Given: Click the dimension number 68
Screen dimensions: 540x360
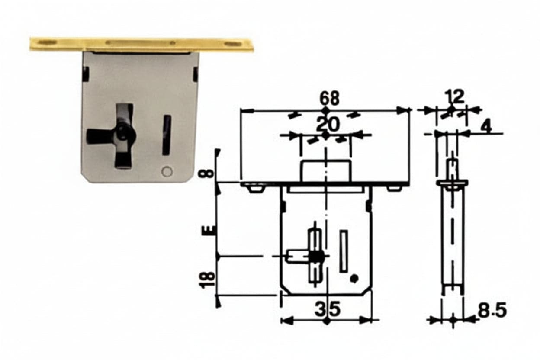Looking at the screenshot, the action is pos(329,98).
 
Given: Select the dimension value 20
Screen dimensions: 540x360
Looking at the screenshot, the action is pos(327,124).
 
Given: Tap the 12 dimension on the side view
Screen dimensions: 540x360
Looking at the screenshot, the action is pos(454,96).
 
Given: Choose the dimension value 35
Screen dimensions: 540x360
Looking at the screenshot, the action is pos(328,309).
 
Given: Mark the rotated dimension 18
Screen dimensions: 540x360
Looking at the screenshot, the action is pos(207,279).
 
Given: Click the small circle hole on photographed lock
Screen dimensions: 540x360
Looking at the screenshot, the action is pos(167,172).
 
